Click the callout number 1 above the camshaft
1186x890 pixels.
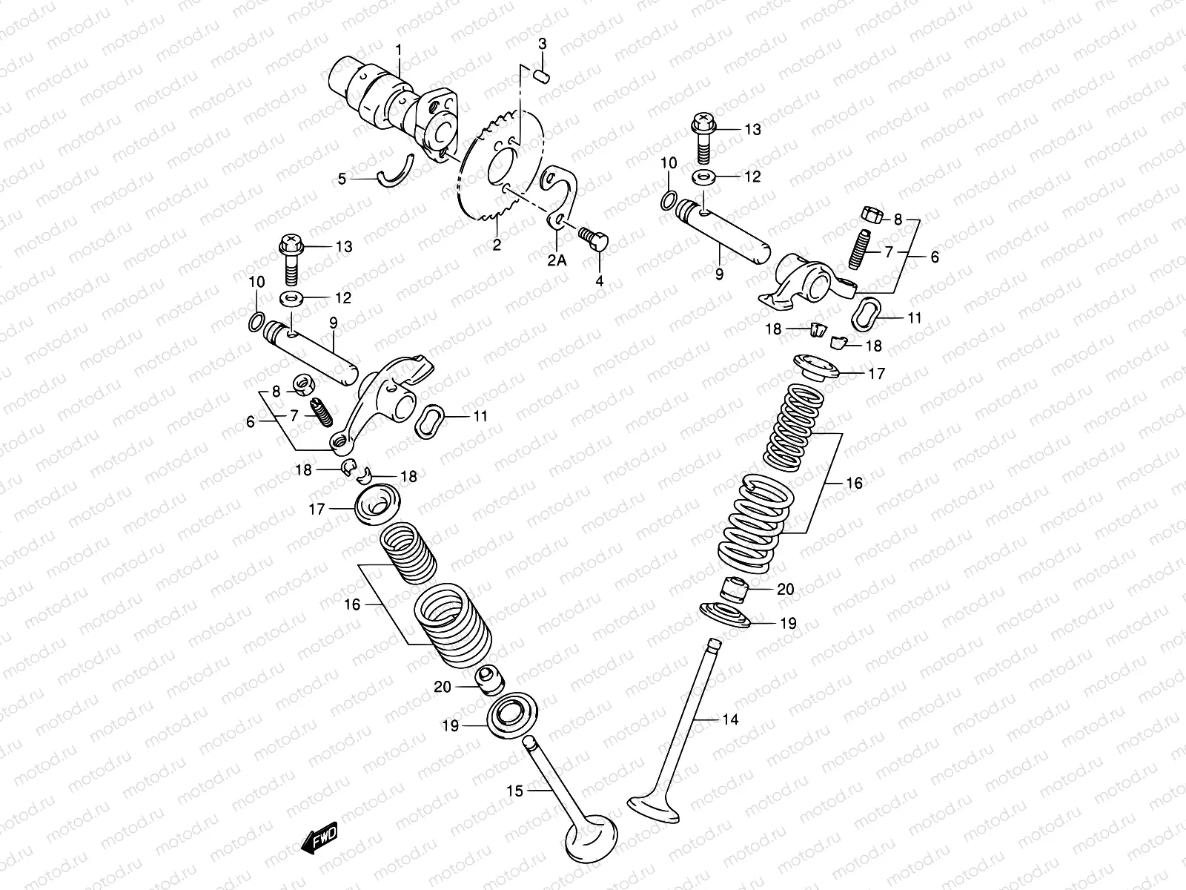coord(398,50)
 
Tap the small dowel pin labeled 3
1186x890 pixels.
coord(542,73)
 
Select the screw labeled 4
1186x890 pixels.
coord(593,239)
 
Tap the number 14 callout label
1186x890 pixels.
coord(731,718)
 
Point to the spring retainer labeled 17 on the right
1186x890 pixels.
coord(818,366)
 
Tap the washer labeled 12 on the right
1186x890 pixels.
coord(703,177)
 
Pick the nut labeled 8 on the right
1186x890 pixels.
coord(872,215)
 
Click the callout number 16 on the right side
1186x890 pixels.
coord(854,484)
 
